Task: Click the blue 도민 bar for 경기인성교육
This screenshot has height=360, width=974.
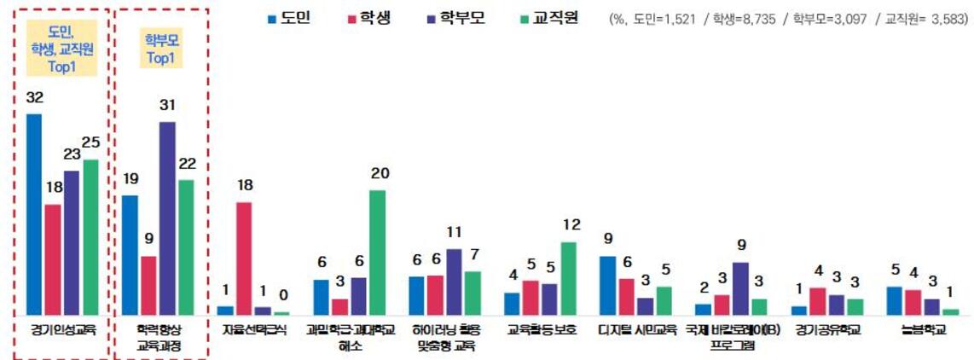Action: click(x=34, y=214)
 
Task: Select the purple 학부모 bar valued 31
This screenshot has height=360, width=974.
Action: click(x=167, y=218)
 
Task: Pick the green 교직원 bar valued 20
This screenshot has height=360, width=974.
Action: click(x=377, y=253)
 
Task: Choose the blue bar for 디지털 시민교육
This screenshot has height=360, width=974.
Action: click(x=607, y=286)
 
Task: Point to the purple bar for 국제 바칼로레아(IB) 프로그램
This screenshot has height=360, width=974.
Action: click(x=740, y=288)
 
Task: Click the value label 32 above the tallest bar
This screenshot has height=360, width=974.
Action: click(x=34, y=99)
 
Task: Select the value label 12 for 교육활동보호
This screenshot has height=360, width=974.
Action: click(x=571, y=225)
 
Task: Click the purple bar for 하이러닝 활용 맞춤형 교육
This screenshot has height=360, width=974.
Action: click(x=454, y=282)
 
